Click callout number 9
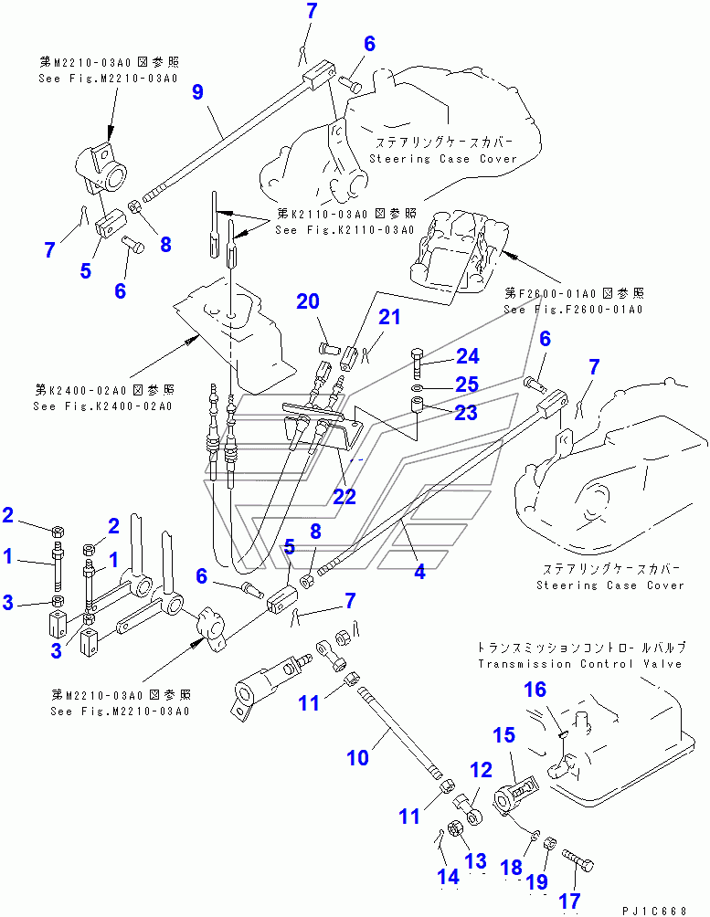(x=197, y=92)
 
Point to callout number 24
(x=467, y=356)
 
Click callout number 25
(x=467, y=385)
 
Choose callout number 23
(x=467, y=413)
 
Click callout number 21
(x=390, y=317)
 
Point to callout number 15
(x=505, y=734)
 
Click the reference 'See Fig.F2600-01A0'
(x=574, y=310)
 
